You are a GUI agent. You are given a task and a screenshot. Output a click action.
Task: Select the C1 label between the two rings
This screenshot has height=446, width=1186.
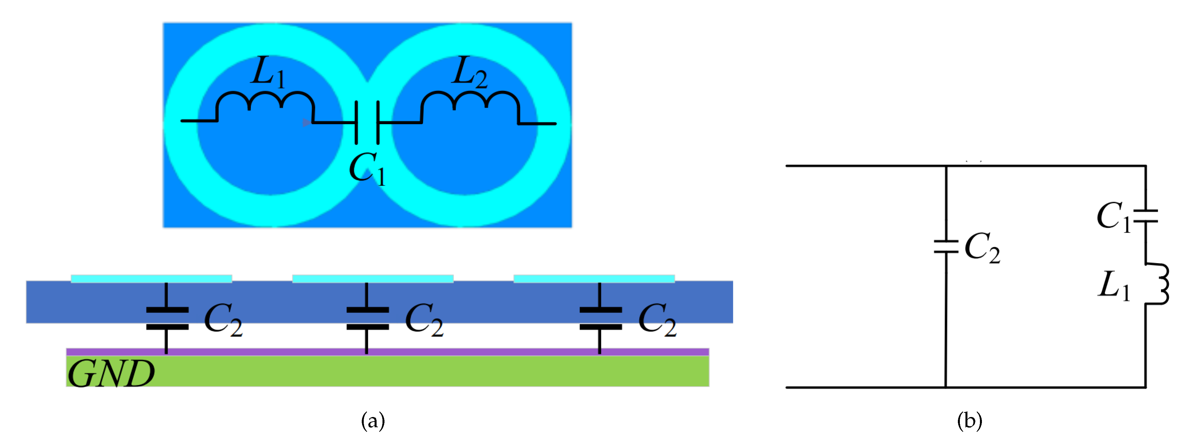coord(367,169)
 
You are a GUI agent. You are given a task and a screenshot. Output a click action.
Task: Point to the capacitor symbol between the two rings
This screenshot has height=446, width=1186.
coord(367,123)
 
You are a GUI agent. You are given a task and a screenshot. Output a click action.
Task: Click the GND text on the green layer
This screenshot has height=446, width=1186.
coord(111,373)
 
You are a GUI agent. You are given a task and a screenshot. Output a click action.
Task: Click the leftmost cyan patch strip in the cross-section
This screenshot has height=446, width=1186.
coord(151,278)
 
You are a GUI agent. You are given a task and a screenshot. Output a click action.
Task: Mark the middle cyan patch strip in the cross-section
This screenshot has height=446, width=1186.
coord(373,278)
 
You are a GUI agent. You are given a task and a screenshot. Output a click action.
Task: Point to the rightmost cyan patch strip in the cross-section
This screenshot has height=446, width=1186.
coord(594,278)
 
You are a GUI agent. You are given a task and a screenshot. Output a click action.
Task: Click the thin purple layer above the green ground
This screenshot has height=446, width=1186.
coord(387,352)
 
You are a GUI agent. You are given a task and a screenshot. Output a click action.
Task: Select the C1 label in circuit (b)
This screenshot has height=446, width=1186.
coord(1114,216)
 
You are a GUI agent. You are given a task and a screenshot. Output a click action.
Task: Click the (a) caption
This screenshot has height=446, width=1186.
coord(373,421)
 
